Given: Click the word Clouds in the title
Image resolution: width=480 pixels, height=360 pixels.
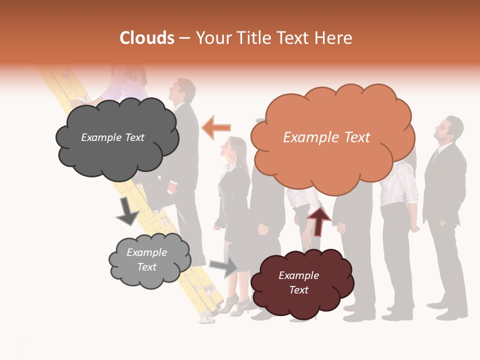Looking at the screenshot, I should click(x=147, y=38).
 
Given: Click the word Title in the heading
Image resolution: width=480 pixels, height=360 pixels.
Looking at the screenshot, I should click(x=253, y=38).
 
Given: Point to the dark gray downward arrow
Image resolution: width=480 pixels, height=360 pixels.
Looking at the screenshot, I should click(x=127, y=211).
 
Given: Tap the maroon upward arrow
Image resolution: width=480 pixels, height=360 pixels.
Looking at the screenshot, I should click(x=318, y=221).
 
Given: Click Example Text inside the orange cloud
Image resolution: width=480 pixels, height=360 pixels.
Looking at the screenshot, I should click(x=326, y=137).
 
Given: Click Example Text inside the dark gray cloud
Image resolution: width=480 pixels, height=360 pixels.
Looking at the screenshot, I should click(x=112, y=137).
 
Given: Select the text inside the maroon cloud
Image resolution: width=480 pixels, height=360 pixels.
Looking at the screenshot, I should click(x=298, y=282).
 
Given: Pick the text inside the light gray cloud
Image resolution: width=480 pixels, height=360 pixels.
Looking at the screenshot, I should click(x=146, y=259).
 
